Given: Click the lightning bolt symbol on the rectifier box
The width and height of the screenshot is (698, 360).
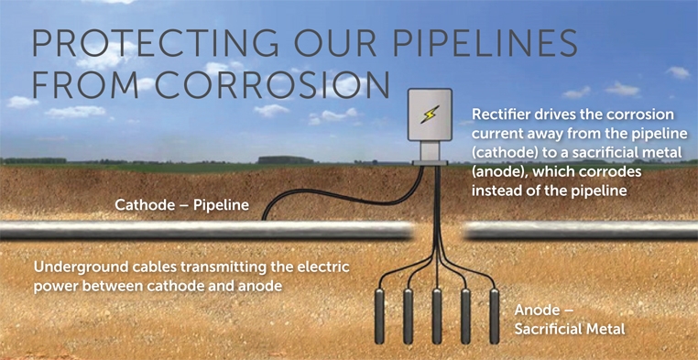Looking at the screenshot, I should pyautogui.click(x=428, y=114).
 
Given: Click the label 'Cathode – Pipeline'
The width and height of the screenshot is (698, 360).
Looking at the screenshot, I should pyautogui.click(x=181, y=204).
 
